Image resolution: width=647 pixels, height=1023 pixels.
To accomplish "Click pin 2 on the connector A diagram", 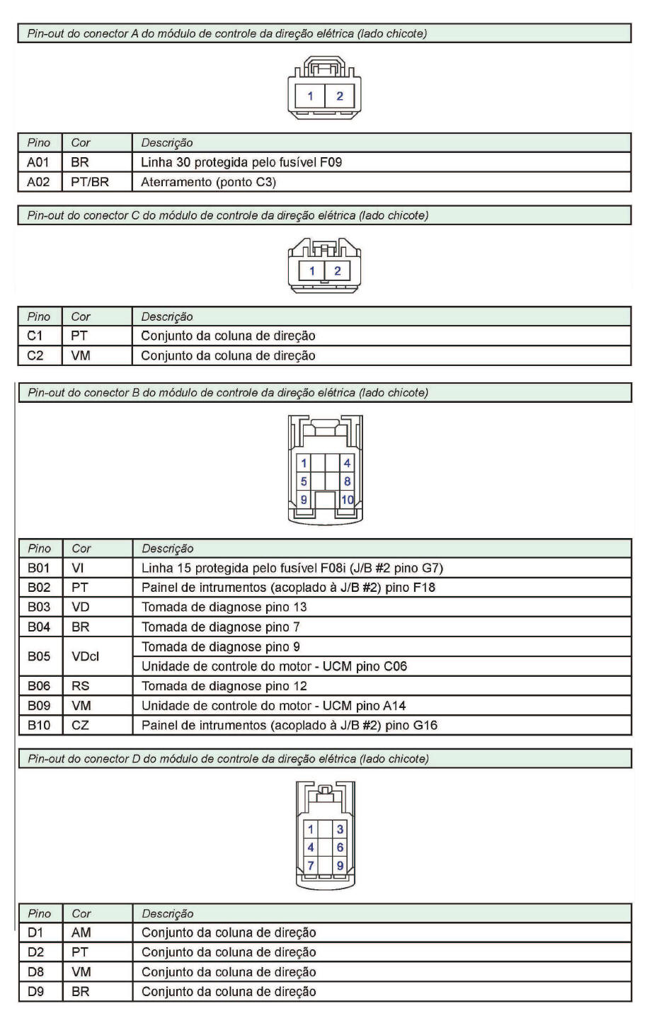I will (x=340, y=96).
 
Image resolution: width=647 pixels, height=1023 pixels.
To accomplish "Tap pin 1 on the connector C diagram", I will (x=311, y=270).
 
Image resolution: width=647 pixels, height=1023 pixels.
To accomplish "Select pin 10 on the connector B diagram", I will (x=347, y=499).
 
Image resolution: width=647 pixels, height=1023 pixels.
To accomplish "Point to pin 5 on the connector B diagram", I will (x=304, y=481).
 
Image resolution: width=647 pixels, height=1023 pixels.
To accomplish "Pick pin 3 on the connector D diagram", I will (x=340, y=830).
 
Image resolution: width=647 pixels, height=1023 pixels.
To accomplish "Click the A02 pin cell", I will (x=40, y=182).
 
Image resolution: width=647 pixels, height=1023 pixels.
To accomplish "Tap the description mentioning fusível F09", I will (x=241, y=162).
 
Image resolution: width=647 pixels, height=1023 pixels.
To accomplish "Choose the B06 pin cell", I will (x=40, y=686).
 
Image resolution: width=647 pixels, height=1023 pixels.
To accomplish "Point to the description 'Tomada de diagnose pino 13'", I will (x=224, y=607).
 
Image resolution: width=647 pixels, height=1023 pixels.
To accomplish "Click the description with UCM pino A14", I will (x=274, y=705).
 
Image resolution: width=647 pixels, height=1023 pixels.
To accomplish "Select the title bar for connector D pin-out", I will (x=324, y=759).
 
